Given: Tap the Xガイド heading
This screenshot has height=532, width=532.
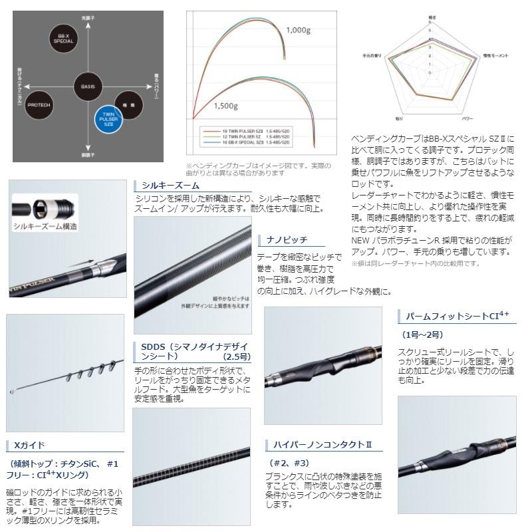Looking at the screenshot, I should pyautogui.click(x=29, y=445).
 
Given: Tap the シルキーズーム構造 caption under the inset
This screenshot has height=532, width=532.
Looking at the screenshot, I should pyautogui.click(x=45, y=227).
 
